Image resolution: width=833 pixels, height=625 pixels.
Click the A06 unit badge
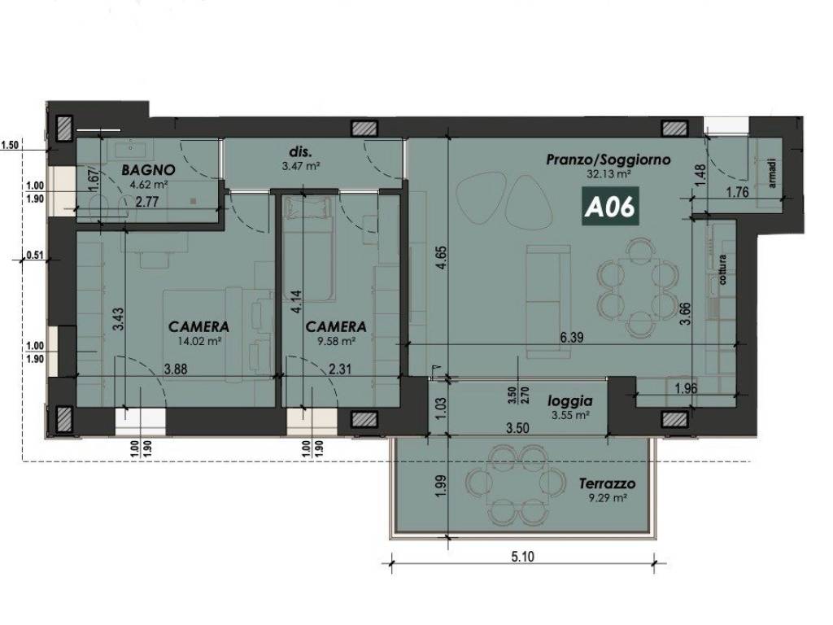610,207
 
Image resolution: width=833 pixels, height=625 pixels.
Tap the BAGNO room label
148,170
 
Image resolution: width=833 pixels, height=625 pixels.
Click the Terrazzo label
607,484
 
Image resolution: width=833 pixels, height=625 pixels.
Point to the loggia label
570,401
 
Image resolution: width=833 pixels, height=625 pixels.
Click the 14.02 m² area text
199,341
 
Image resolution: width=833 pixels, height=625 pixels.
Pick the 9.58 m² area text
336,341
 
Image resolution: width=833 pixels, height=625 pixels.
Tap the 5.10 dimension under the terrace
523,557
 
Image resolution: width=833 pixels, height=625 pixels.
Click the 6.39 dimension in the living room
572,338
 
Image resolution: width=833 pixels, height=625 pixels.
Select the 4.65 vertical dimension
442,257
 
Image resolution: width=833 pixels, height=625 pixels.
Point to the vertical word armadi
773,173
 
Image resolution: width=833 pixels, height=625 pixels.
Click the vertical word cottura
722,269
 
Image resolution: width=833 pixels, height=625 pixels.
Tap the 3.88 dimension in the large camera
176,369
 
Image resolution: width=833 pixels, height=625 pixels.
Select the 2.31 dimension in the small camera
339,369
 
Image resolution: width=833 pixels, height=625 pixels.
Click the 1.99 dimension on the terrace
440,487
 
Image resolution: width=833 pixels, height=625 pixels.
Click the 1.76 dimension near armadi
737,192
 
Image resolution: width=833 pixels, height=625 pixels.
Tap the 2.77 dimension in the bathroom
147,202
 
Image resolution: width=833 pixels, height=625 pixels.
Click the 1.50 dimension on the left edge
10,145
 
